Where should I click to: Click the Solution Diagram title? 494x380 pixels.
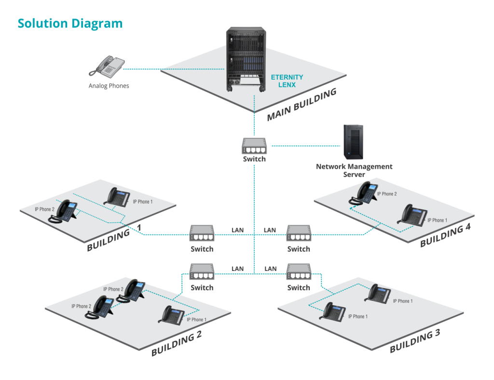(70, 23)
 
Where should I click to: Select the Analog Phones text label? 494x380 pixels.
(109, 86)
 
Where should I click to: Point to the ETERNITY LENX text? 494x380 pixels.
(287, 81)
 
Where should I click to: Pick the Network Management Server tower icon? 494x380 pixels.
(353, 141)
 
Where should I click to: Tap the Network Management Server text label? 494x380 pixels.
(354, 170)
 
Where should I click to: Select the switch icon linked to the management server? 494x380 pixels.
(254, 146)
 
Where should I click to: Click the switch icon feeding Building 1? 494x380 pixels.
(202, 233)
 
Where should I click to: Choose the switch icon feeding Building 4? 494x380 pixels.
(299, 233)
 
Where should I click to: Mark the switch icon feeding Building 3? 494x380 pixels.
(299, 272)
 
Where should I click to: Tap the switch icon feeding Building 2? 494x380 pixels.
(202, 272)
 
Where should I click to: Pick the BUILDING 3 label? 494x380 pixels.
(415, 341)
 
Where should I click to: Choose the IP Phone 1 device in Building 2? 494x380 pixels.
(172, 315)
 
